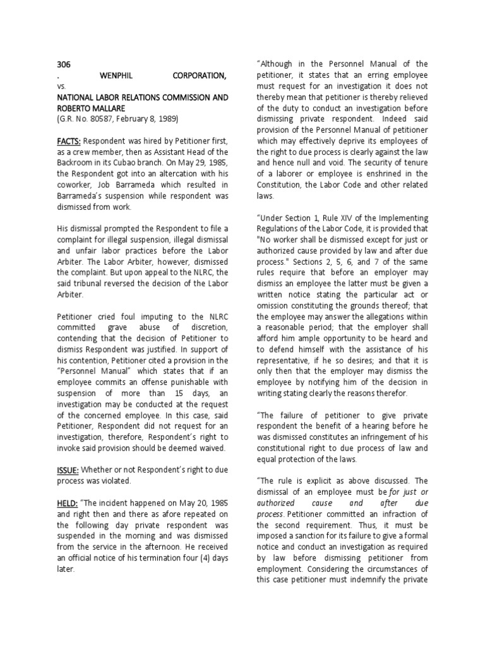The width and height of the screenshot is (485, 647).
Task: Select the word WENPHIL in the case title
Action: (x=118, y=76)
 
